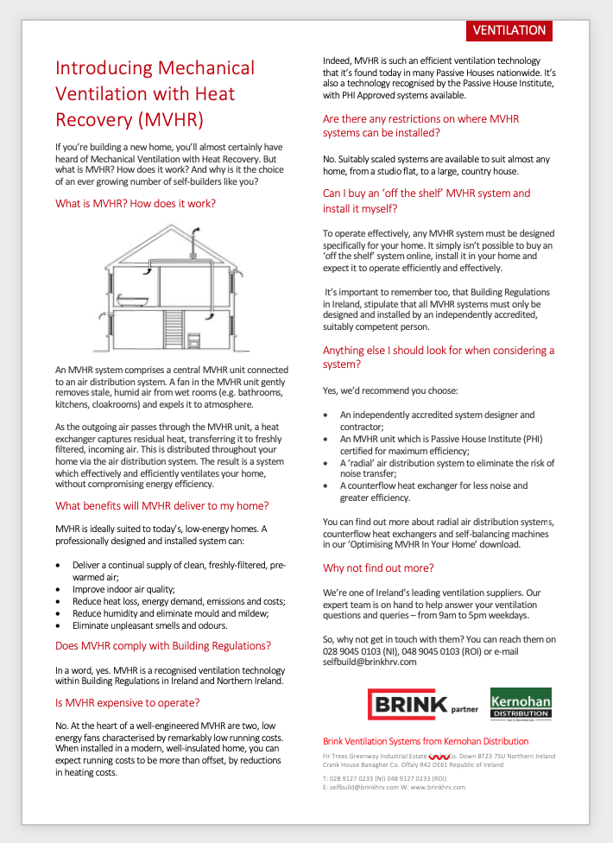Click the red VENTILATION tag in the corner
(509, 30)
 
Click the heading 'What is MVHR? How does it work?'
(136, 204)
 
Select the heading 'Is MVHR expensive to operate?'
(128, 702)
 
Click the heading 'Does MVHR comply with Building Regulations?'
(163, 645)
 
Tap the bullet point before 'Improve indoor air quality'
(58, 589)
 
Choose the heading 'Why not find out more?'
(378, 567)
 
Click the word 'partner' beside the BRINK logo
(464, 710)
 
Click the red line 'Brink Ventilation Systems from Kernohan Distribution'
(426, 741)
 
